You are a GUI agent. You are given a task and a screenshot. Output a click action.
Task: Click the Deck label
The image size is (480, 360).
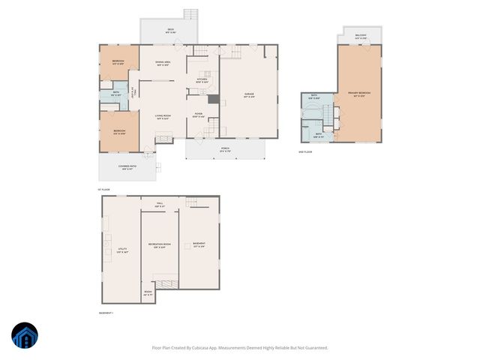point(171,31)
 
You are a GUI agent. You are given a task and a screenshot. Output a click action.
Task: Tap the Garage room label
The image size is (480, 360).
point(249,95)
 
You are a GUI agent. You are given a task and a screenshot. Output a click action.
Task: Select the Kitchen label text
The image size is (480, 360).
point(202,80)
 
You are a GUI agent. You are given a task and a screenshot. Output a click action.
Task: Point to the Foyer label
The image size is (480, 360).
point(198,115)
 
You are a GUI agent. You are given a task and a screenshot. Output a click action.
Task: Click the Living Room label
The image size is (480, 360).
point(163,115)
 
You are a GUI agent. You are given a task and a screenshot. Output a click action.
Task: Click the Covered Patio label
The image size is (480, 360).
point(126,168)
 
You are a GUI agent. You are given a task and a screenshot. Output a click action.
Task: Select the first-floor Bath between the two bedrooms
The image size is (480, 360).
point(116,94)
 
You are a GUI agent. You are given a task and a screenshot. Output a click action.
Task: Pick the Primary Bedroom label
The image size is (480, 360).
point(358,94)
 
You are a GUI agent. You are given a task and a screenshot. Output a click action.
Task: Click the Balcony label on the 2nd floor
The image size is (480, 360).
point(360,37)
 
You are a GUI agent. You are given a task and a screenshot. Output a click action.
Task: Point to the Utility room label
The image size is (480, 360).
point(121,250)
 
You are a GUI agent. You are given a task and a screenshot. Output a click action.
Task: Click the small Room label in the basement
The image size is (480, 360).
point(148,293)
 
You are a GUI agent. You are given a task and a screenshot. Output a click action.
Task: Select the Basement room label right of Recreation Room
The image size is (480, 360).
point(199,244)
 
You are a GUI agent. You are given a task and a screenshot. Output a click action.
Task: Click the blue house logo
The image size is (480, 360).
point(25,337)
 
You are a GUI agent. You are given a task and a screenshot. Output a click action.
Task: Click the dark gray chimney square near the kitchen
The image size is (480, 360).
point(213,100)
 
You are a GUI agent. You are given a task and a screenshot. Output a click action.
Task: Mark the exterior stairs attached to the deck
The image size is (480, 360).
point(192,14)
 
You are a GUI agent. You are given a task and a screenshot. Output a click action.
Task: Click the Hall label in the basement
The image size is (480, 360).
point(159,205)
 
